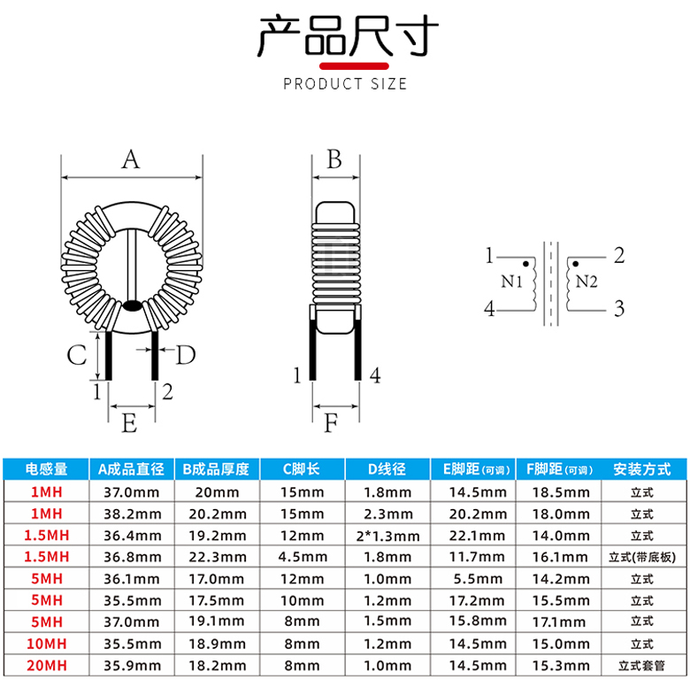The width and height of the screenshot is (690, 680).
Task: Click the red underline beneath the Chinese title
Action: click(354, 66)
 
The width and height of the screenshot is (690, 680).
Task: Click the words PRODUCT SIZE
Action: click(345, 84)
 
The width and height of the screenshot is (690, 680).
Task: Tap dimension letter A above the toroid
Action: click(131, 159)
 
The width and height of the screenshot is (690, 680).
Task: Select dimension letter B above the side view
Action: click(334, 159)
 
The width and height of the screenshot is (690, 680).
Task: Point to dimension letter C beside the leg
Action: click(77, 354)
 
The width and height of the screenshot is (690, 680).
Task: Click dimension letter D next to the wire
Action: click(185, 354)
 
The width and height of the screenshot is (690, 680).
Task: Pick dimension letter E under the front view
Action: click(129, 423)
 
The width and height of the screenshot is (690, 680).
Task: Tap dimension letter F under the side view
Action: click(331, 423)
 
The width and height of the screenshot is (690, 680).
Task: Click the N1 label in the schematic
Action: click(511, 281)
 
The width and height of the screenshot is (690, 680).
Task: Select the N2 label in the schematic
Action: click(586, 281)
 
